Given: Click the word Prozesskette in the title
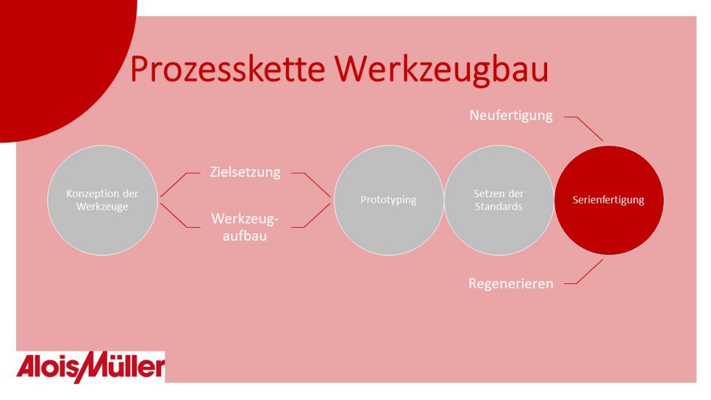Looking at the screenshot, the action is [x=228, y=69].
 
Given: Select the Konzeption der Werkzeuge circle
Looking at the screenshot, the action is [x=103, y=200].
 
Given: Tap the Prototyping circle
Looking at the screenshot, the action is [x=389, y=200].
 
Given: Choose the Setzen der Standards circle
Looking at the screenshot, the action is [x=499, y=200].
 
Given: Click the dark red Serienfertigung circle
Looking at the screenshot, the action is [x=609, y=200].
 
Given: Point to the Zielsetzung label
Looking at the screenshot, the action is [x=245, y=172].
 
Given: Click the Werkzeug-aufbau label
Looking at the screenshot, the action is [x=245, y=227].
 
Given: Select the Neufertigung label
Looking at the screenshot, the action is [x=511, y=116].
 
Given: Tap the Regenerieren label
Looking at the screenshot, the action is [x=510, y=284].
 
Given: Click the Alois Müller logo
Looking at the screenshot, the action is [x=91, y=367].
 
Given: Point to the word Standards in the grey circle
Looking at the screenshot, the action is [x=499, y=207].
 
